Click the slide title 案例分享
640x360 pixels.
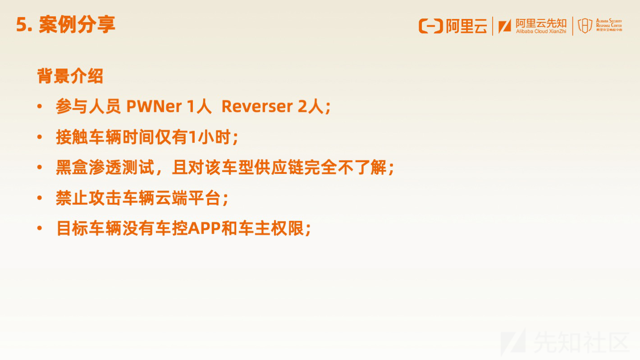coord(77,25)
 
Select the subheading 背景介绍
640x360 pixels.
coord(70,76)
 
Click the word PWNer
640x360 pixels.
coord(154,107)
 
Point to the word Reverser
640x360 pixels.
coord(257,107)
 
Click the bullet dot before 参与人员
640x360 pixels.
coord(40,107)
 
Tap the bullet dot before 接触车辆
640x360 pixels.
coord(40,137)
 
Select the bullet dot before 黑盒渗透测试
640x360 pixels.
coord(40,168)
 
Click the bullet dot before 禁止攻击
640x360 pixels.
coord(40,198)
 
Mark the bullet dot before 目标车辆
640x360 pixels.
coord(40,228)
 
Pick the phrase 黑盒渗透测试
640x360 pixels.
coord(105,168)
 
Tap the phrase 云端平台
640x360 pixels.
coord(187,198)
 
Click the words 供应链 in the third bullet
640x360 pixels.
coord(279,168)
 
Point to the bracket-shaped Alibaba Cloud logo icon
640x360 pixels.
coord(431,26)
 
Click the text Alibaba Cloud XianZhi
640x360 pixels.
coord(541,32)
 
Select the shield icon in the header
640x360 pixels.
coord(585,26)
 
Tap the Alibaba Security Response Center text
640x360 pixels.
coord(609,25)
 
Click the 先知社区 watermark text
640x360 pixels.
coord(581,342)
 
